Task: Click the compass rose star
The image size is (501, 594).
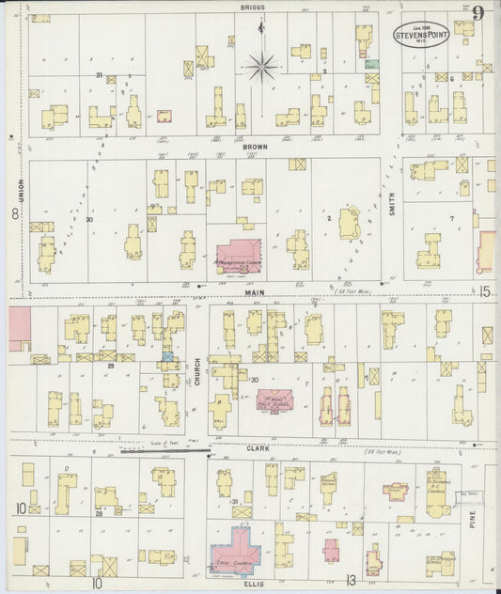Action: tap(260, 65)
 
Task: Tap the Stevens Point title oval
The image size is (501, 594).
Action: tap(420, 31)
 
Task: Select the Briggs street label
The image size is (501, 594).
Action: tap(252, 7)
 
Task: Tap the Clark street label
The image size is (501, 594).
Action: tap(258, 449)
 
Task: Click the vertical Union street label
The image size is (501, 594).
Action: tap(18, 191)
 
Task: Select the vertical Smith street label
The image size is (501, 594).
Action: tap(392, 203)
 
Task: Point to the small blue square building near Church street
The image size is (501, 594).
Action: tap(167, 356)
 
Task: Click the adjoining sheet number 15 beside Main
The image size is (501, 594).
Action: tap(483, 292)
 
